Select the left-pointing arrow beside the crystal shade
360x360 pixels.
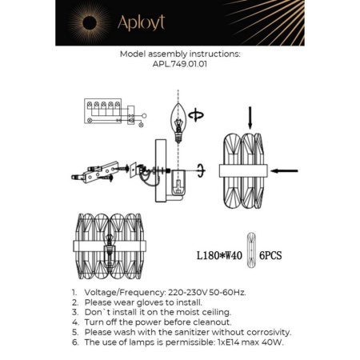coord(285,170)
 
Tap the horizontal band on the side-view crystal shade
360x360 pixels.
coord(245,170)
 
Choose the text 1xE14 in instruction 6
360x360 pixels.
coord(228,342)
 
